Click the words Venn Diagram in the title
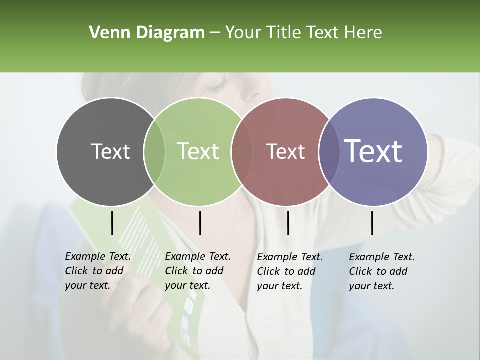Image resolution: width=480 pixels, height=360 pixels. (147, 33)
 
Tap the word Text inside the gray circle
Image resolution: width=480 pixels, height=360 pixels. (110, 151)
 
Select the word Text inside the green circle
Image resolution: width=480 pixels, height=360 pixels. (198, 151)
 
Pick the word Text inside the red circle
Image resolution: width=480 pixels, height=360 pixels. (285, 151)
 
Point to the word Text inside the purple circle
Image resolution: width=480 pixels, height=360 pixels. (373, 151)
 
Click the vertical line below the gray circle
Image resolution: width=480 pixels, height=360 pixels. (112, 223)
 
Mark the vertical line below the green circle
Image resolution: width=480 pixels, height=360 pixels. (200, 223)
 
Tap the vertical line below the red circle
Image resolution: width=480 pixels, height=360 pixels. (288, 223)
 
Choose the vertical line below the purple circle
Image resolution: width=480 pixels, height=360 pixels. (372, 223)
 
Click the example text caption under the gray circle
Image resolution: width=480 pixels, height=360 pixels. (97, 271)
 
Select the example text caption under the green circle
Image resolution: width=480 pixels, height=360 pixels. (197, 271)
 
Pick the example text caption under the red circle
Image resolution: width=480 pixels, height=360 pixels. (289, 271)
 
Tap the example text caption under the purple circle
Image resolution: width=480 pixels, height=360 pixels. (381, 271)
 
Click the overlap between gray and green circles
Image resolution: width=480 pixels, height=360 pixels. (154, 151)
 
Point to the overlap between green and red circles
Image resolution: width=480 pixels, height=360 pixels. (242, 151)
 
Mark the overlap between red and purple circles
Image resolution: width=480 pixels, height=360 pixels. (329, 151)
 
